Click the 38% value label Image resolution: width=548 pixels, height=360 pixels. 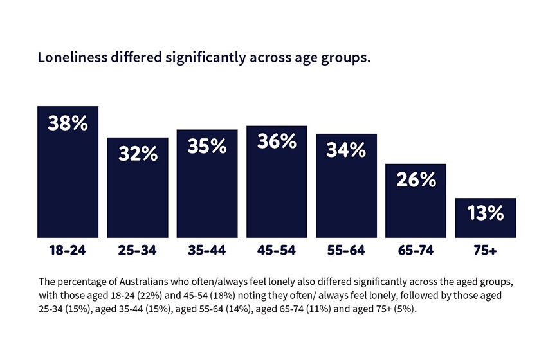[68, 123]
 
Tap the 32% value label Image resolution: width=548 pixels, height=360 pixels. [138, 154]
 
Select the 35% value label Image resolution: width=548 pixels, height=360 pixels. [207, 147]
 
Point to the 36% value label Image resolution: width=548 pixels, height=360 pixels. [277, 142]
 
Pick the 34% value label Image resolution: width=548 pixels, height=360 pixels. [346, 150]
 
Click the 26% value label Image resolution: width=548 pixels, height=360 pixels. [416, 181]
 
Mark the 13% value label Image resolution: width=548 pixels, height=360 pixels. [485, 214]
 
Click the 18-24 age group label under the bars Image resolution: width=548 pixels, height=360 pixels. [68, 251]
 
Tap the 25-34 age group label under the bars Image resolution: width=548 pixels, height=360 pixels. [138, 251]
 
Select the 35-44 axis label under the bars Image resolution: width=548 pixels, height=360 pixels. [207, 251]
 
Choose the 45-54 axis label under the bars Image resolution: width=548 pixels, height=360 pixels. [277, 251]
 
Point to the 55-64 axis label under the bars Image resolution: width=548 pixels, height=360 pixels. [346, 251]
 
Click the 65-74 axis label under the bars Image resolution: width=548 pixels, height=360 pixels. [416, 251]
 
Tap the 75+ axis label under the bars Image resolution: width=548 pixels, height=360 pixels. [485, 251]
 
